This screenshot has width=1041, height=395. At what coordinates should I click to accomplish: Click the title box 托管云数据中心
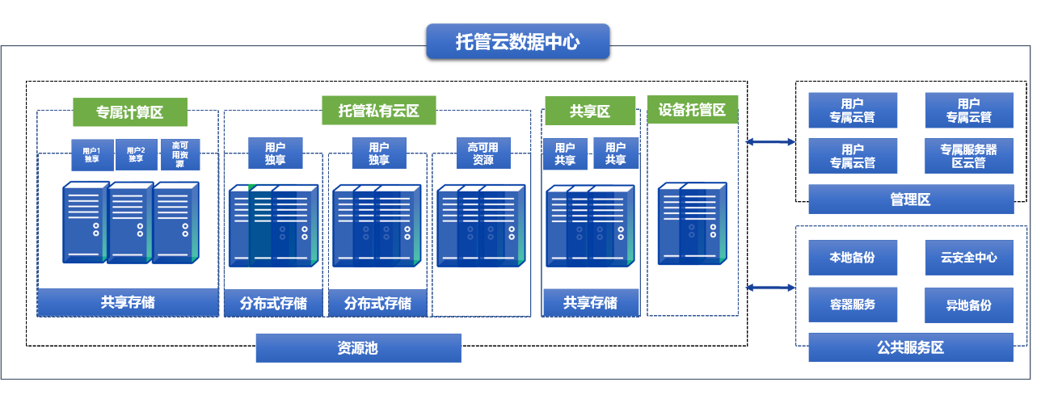click(517, 41)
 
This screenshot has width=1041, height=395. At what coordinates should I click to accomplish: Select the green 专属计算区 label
click(129, 113)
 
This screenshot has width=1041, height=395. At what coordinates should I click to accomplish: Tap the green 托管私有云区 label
click(378, 111)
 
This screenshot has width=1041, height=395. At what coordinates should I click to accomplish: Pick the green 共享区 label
click(589, 111)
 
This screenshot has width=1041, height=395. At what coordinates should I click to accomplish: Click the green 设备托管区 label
click(692, 109)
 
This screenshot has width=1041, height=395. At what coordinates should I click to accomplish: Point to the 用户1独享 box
click(91, 154)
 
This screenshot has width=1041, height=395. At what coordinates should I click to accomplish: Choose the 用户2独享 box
click(136, 154)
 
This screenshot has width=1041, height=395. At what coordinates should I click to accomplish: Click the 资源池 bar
click(358, 348)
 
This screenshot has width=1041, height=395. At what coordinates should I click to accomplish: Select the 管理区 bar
click(910, 199)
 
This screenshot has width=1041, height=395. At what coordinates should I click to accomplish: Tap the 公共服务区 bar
click(910, 347)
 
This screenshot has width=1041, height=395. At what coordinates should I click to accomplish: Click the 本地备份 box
click(852, 258)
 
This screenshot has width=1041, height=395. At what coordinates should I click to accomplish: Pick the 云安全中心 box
click(968, 258)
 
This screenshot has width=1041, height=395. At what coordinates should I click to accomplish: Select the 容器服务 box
click(852, 305)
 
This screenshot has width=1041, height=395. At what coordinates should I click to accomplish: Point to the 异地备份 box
click(968, 305)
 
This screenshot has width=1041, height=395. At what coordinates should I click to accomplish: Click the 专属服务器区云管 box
click(968, 156)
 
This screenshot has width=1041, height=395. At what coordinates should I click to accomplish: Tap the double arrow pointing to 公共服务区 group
click(769, 288)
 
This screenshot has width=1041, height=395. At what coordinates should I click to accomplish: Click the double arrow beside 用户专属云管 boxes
click(769, 142)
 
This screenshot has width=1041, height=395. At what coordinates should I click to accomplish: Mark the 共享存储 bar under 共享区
click(590, 303)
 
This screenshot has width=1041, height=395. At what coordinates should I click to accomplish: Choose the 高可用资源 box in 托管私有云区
click(483, 153)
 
